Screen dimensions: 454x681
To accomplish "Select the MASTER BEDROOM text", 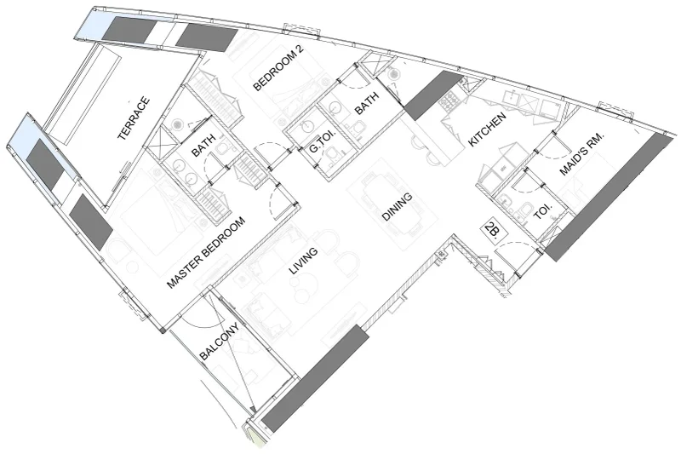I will pos(206,253).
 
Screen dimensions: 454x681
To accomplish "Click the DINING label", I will pos(397,207).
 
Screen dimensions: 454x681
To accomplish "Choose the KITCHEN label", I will pos(489,129).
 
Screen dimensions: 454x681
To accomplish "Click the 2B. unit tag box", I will pos(490,229).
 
